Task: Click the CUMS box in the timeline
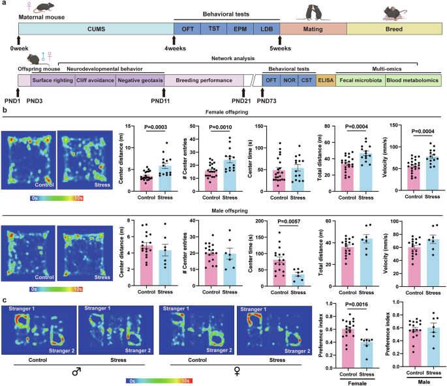(x=95, y=29)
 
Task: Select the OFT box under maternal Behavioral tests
(x=187, y=29)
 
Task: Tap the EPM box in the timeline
(x=239, y=29)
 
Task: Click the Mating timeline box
(x=313, y=29)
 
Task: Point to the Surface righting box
(x=53, y=80)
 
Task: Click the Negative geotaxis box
(x=140, y=80)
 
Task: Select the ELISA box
(x=326, y=80)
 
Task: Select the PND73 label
(x=268, y=102)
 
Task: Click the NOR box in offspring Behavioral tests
(x=288, y=80)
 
